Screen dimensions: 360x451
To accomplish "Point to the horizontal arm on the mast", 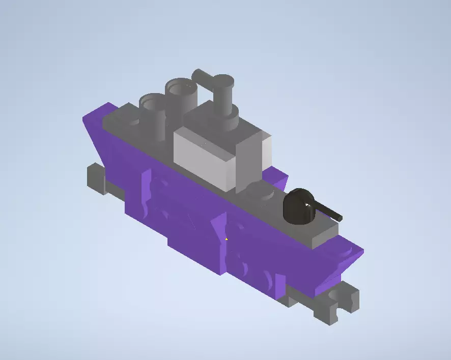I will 203,77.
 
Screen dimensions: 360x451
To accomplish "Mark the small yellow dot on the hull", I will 227,238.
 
